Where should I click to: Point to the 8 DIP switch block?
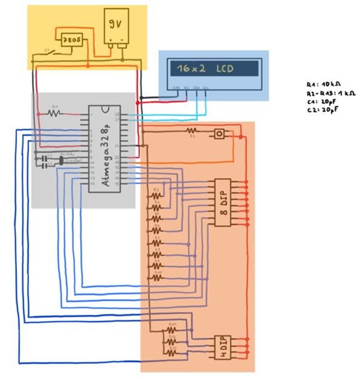223,202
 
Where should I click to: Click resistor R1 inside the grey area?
55,113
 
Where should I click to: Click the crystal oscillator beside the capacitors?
62,161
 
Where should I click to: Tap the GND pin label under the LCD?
176,88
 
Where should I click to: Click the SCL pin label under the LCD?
206,88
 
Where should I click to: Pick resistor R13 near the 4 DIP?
172,352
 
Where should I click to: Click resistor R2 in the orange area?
192,130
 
